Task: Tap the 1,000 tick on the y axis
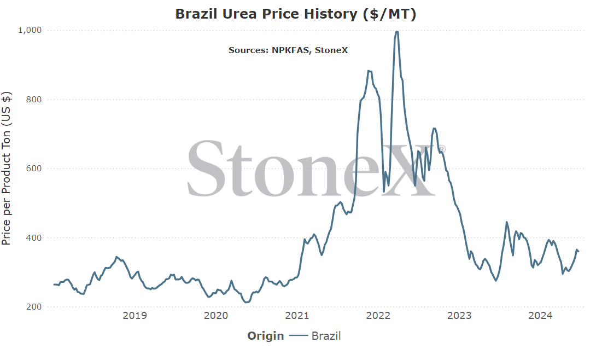(x=30, y=30)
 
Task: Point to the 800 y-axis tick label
(x=34, y=100)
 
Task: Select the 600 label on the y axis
(x=34, y=169)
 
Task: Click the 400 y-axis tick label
(x=34, y=238)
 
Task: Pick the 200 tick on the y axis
(x=34, y=307)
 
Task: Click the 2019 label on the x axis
(x=135, y=316)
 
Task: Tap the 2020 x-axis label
(x=216, y=316)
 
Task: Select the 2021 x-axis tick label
(x=297, y=316)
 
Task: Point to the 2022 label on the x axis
(x=378, y=316)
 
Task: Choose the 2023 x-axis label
(x=459, y=316)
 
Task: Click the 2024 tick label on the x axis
(x=541, y=316)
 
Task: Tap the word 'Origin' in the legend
(x=266, y=336)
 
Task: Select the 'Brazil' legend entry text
(x=326, y=336)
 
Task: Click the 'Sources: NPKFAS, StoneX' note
(x=288, y=50)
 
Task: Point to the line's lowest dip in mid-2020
(x=247, y=303)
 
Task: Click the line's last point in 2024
(x=578, y=251)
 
